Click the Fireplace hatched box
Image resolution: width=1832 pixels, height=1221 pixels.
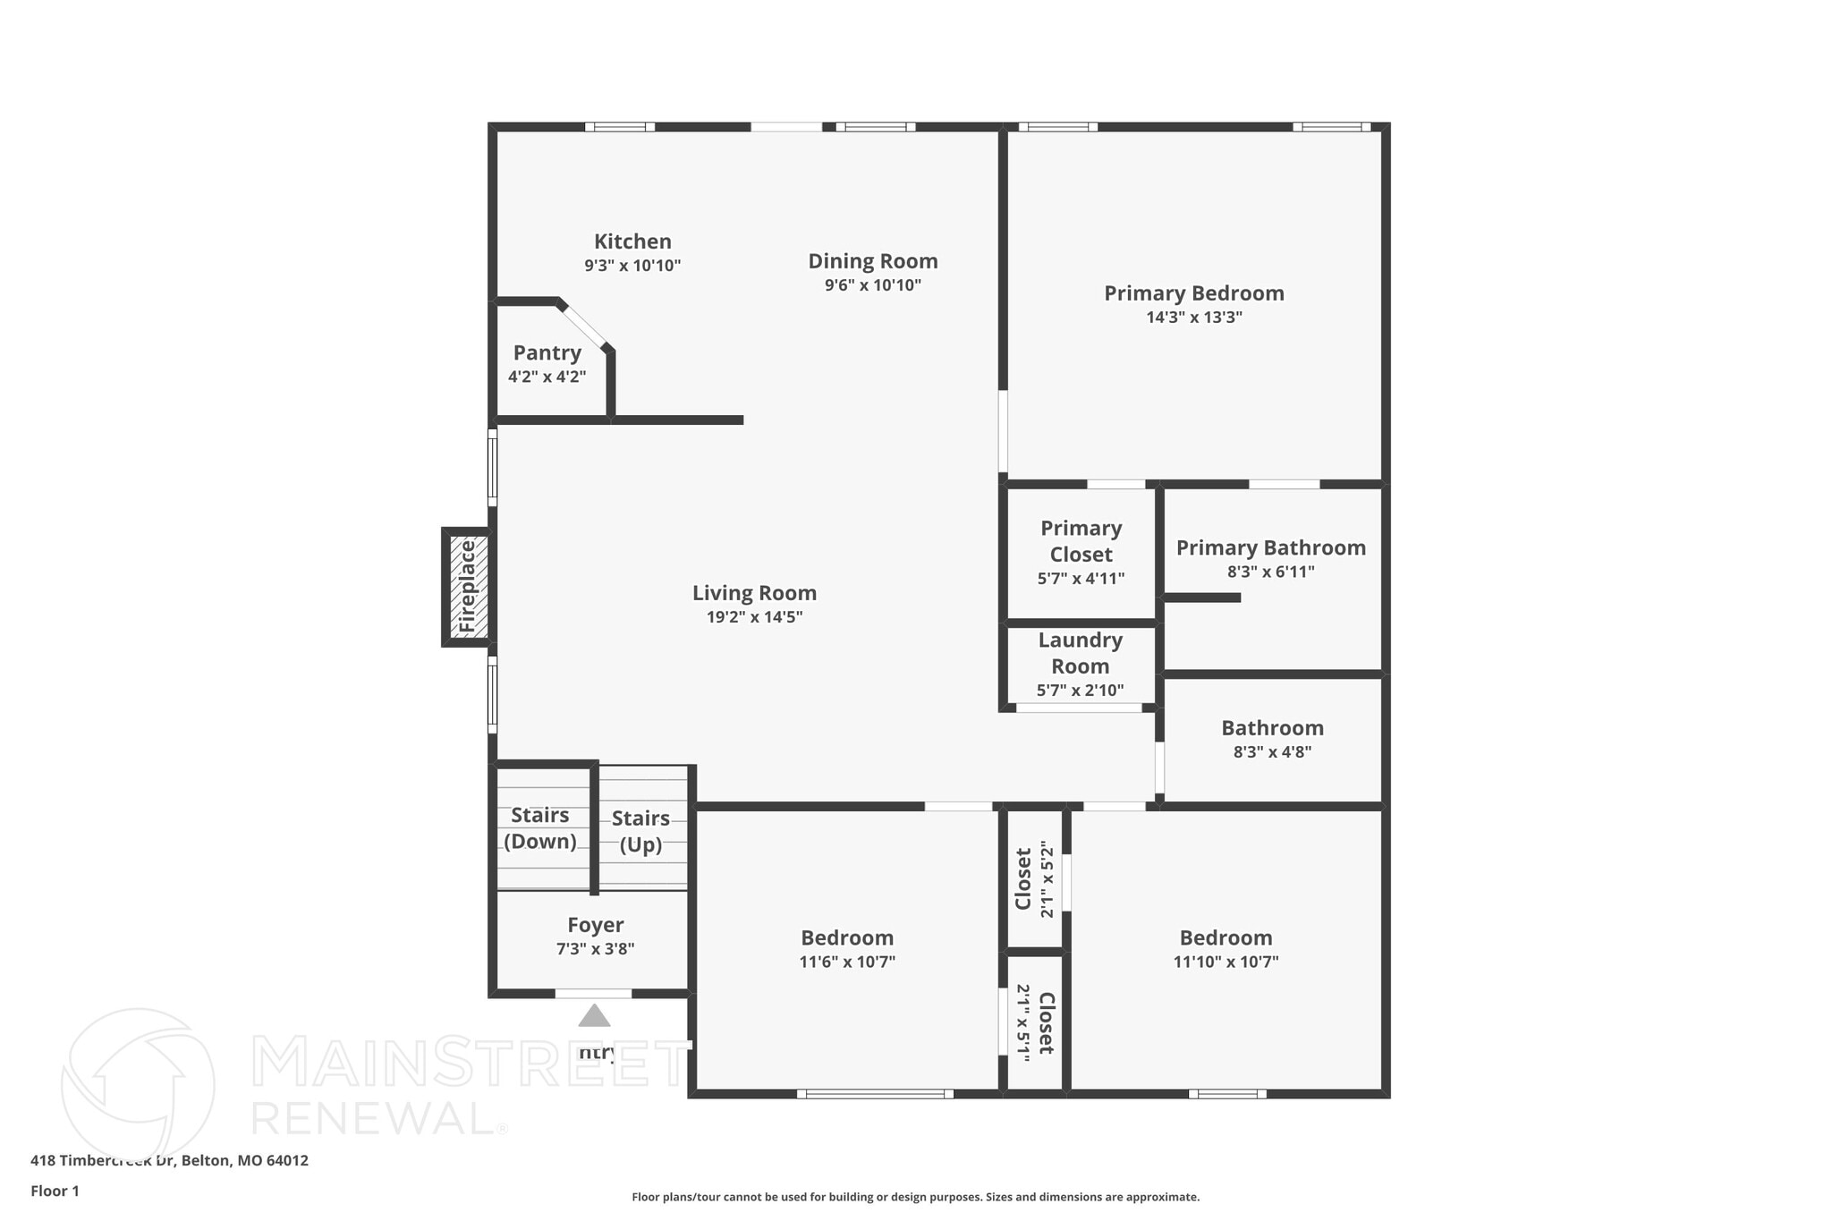[468, 587]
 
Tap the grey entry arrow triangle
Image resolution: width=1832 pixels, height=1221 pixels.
[594, 1016]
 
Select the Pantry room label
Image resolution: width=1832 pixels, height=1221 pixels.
[547, 352]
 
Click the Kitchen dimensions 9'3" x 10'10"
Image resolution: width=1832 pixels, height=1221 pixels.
[632, 266]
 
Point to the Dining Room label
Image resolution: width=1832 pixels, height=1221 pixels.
[872, 261]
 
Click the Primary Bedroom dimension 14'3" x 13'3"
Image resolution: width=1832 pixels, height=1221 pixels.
[1193, 318]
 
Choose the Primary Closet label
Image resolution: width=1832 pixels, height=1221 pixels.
[1081, 541]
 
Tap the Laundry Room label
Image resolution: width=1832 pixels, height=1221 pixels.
[1080, 653]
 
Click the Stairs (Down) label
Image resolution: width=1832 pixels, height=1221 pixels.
[539, 827]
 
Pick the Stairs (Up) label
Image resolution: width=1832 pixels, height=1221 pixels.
[640, 831]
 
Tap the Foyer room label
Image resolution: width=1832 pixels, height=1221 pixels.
[595, 925]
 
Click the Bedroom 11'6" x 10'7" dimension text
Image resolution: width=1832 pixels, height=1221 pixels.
[846, 962]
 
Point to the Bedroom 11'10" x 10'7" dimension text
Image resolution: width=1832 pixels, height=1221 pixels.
[1226, 962]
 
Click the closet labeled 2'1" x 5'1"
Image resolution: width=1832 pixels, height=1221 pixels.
[1034, 1022]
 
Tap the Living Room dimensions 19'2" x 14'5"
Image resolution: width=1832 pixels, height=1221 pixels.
[754, 617]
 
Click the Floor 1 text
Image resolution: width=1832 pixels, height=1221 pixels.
[55, 1191]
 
